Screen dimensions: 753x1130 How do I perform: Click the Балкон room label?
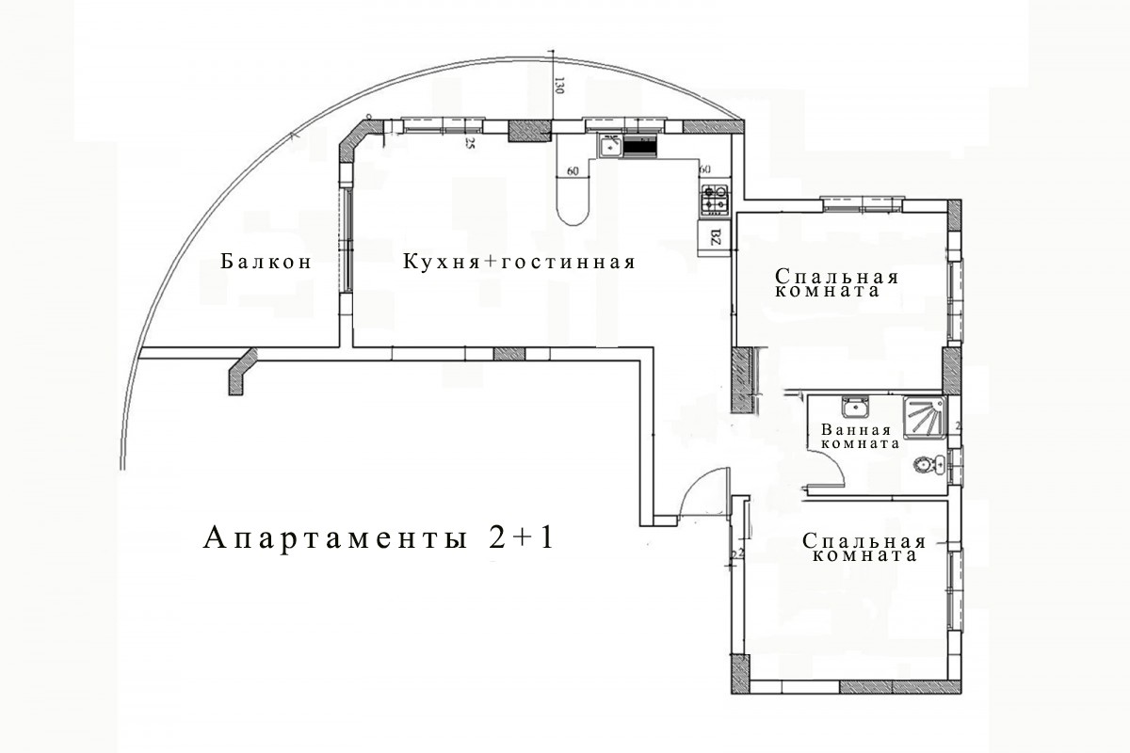click(x=266, y=262)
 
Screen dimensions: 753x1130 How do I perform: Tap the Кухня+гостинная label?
click(x=519, y=262)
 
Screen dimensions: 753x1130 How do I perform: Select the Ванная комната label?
click(x=861, y=437)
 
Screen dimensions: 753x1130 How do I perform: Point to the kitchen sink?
click(x=610, y=146)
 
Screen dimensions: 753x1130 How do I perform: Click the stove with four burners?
click(x=713, y=198)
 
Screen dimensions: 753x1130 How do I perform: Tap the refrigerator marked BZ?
click(x=713, y=236)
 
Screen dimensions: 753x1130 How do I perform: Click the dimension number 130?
click(x=558, y=87)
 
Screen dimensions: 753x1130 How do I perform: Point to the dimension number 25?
click(x=468, y=144)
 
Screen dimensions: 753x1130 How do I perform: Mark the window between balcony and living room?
click(x=347, y=240)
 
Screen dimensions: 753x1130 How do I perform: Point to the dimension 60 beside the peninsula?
click(x=573, y=171)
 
